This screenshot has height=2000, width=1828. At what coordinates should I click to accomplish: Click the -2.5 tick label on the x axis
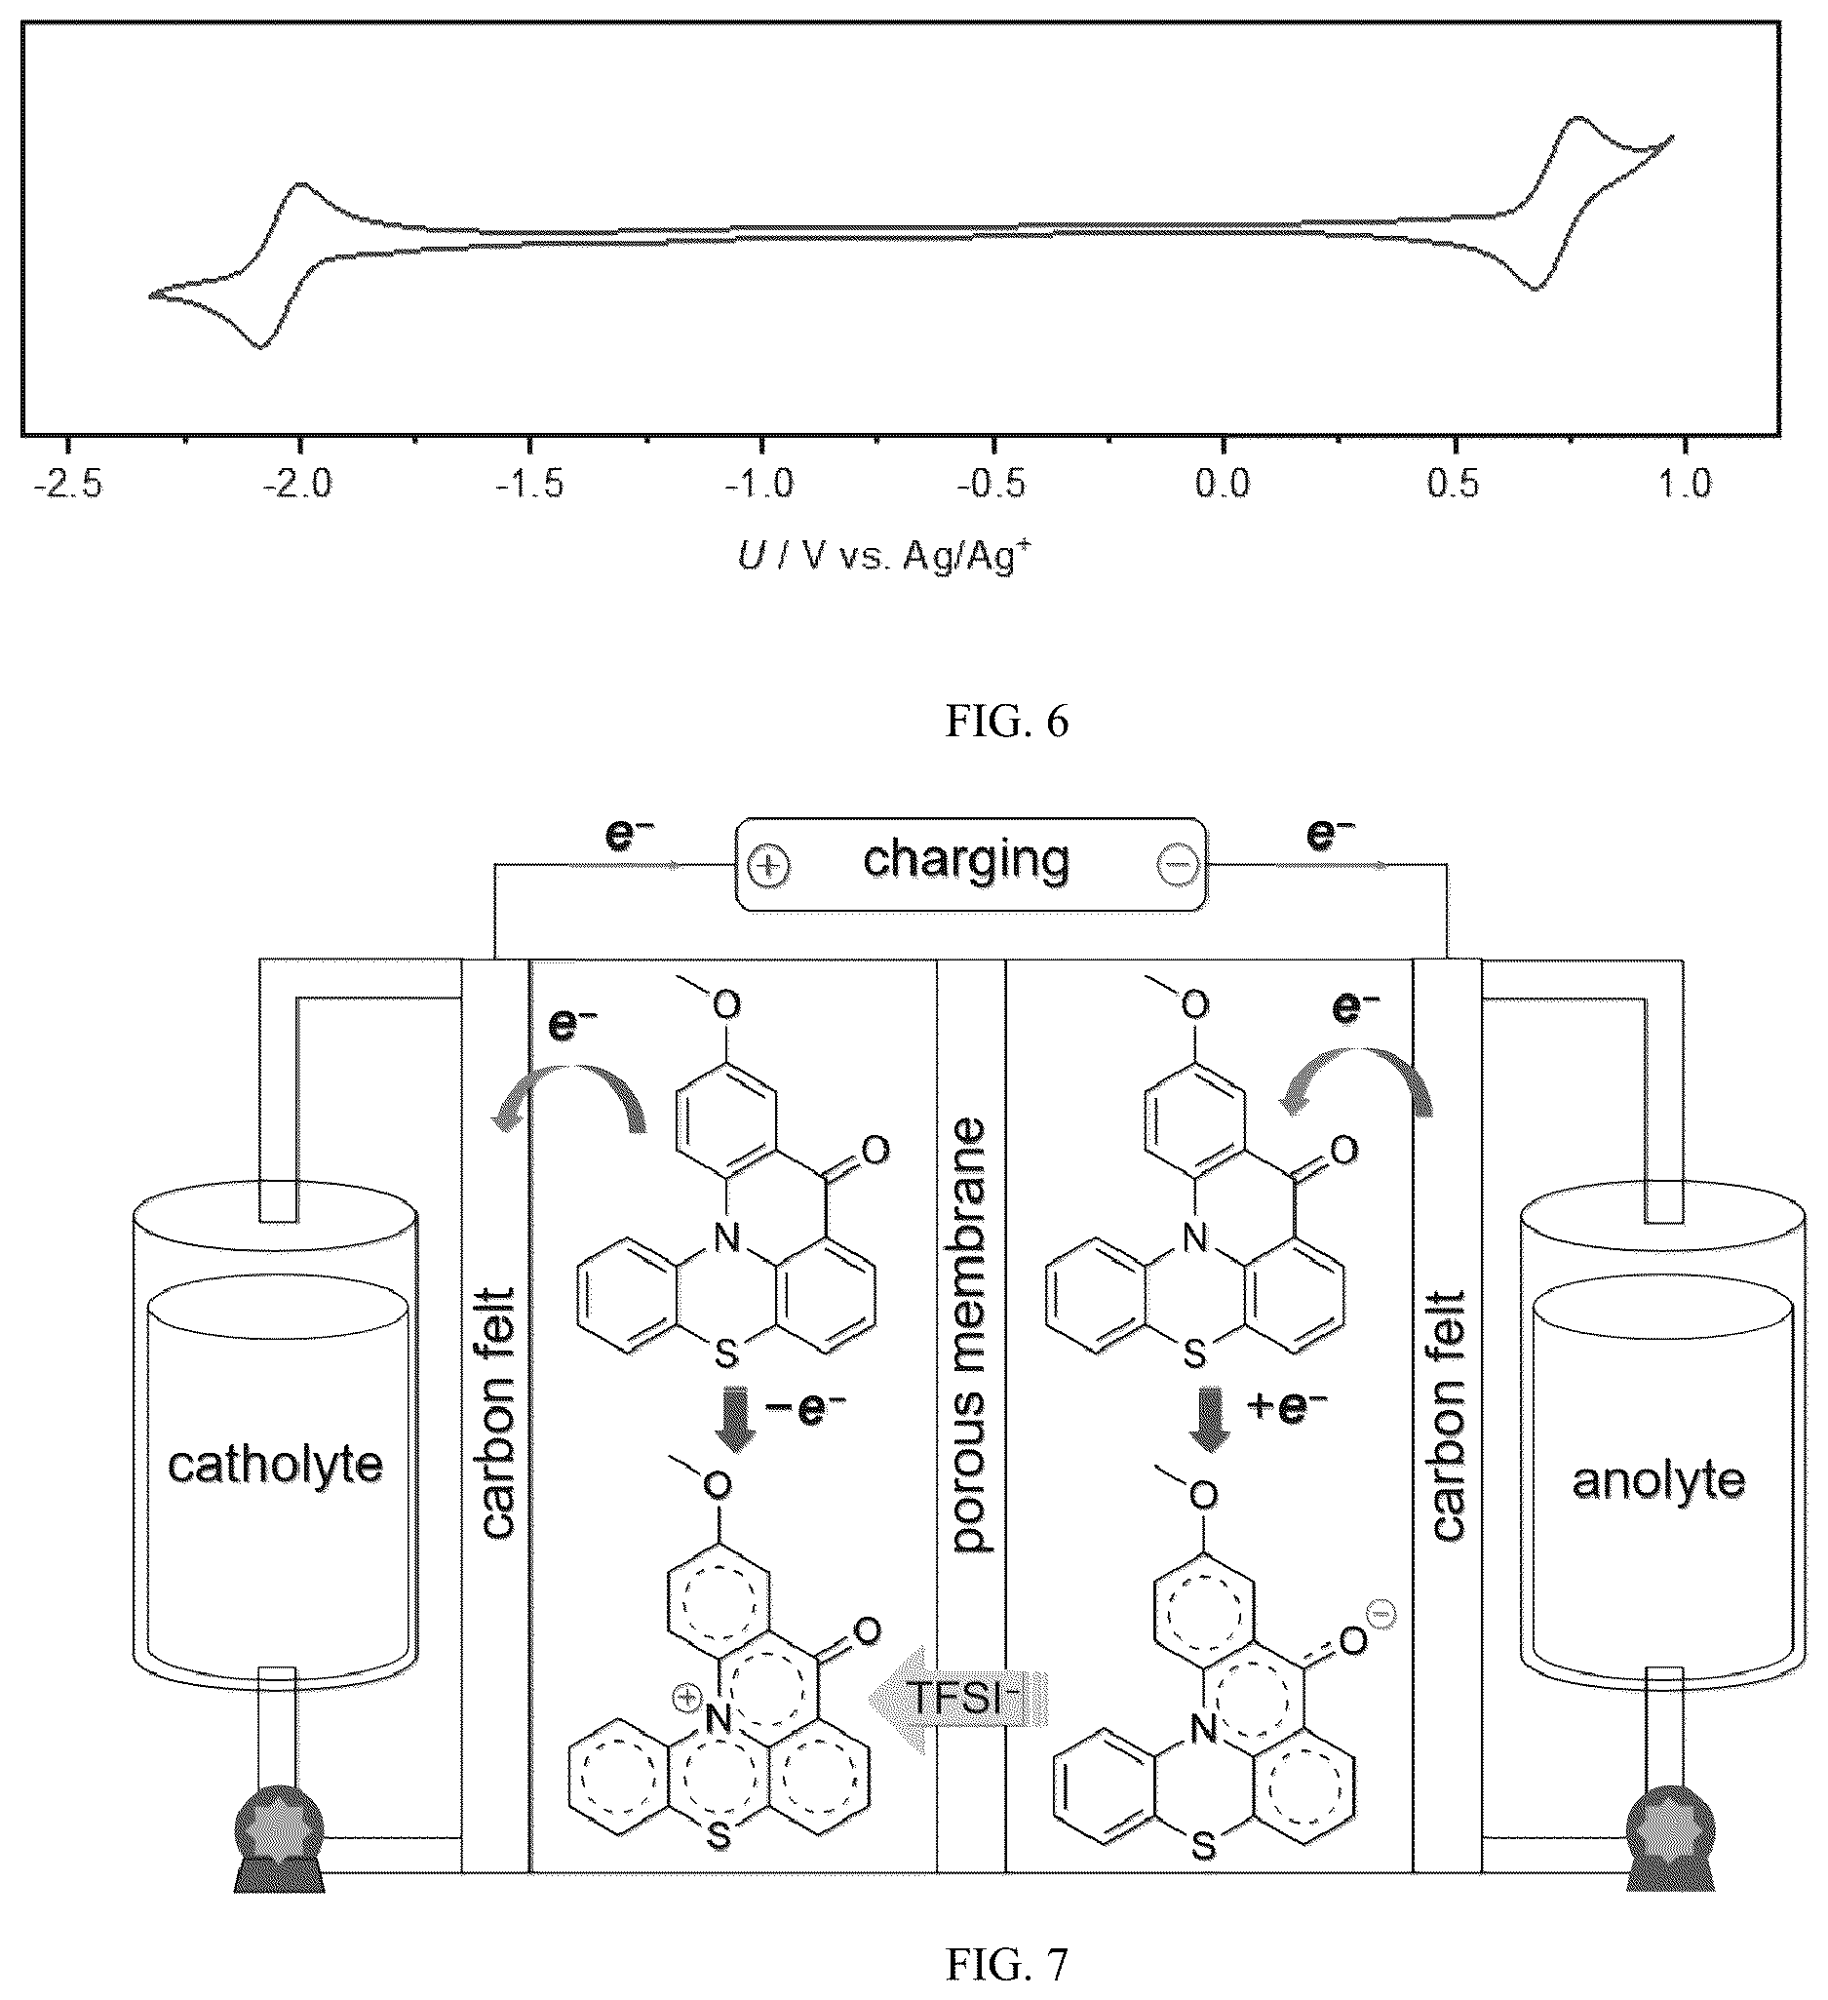(67, 485)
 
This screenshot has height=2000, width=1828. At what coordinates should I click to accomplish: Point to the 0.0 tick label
(1223, 485)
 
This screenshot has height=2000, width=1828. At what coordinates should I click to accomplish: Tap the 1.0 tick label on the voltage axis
(1684, 485)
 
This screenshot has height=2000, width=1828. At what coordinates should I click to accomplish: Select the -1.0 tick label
(759, 485)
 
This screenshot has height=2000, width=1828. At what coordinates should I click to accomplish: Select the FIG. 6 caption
(1007, 723)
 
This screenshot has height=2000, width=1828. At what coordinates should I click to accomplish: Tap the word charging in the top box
(967, 860)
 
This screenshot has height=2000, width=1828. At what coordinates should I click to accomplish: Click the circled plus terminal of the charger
(768, 866)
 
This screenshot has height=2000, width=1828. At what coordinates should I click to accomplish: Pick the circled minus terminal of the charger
(1179, 866)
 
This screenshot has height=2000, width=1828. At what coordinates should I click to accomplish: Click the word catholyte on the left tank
(275, 1465)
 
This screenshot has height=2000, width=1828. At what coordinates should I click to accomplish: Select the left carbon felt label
(497, 1415)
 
